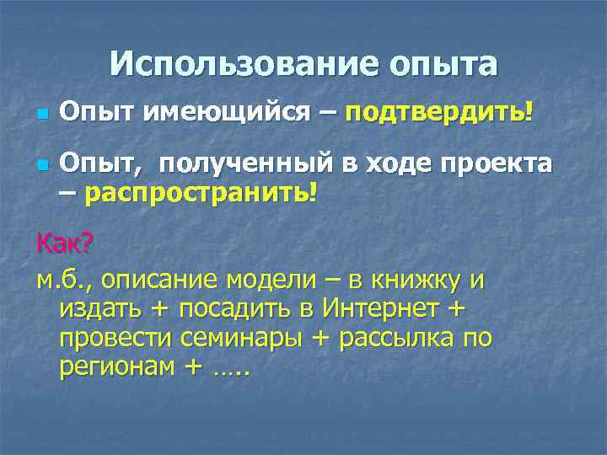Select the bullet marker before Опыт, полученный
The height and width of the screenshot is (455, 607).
click(42, 163)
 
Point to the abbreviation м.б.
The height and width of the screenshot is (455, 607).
click(59, 279)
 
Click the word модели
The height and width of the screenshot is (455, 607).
click(276, 279)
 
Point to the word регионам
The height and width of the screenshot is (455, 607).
click(114, 367)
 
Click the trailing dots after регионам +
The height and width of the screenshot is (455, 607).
click(231, 372)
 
